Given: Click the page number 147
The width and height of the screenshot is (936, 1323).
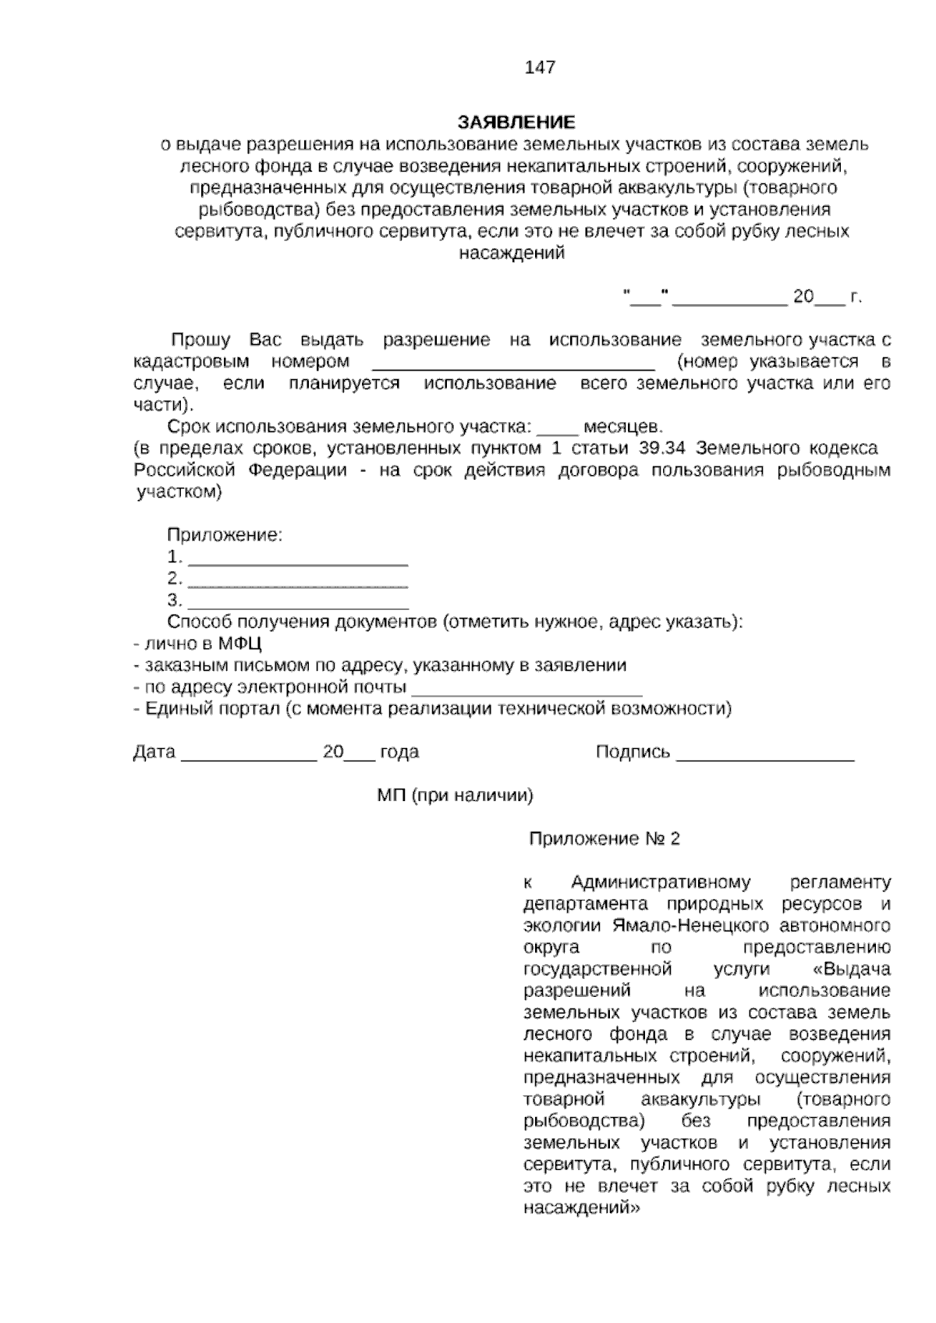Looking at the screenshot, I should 541,67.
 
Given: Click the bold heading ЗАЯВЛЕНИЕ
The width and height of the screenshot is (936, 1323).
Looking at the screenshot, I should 516,122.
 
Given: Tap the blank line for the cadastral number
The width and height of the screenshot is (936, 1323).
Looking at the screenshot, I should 513,364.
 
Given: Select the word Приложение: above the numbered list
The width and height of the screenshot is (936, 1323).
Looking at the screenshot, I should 224,535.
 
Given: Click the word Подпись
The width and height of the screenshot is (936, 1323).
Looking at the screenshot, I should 633,752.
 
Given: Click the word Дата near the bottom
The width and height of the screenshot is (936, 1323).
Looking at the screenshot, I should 154,752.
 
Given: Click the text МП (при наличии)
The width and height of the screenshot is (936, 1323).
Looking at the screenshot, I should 455,796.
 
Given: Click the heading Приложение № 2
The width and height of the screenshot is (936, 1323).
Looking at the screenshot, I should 604,839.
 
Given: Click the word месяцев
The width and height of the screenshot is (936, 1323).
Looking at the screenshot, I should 623,427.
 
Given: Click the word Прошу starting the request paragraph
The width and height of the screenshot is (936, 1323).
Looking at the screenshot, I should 200,340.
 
